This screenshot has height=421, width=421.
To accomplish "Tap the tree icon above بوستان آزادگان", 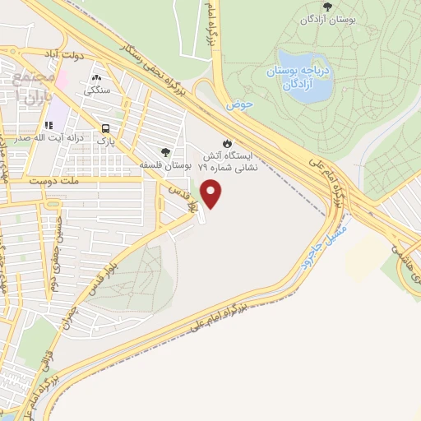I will (x=327, y=7).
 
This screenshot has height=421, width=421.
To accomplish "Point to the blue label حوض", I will (x=238, y=105).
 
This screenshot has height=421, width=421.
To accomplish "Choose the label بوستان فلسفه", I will (x=166, y=165).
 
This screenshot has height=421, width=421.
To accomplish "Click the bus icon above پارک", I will (x=105, y=128).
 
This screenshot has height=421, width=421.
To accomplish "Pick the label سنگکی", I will (x=97, y=92).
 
